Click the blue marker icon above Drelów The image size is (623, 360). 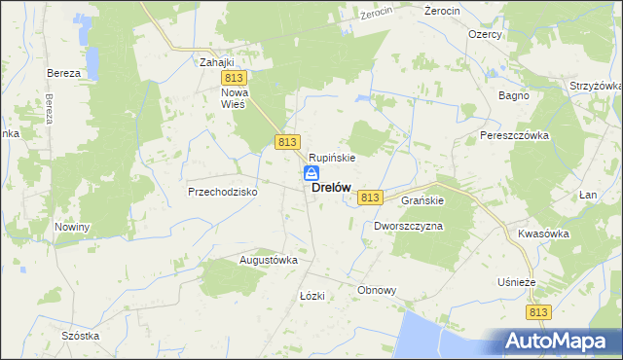coord(311,173)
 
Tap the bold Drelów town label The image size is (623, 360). coord(332,189)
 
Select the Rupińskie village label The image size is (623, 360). coord(332,157)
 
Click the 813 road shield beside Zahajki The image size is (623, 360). coord(233,78)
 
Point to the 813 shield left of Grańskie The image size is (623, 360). coord(369,198)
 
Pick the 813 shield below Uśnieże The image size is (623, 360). coord(540,311)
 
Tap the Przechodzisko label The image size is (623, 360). coord(222,192)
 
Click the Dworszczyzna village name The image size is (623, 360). coord(408,226)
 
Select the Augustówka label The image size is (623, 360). coord(268,261)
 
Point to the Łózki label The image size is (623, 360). coord(311,295)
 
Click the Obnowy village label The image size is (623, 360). coord(377,290)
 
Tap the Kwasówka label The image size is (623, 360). coord(543,234)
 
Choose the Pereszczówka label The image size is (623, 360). coord(515,135)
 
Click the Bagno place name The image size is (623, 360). coord(513,96)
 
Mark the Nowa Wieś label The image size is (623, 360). coord(236,97)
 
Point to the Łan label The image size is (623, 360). coord(587,195)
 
